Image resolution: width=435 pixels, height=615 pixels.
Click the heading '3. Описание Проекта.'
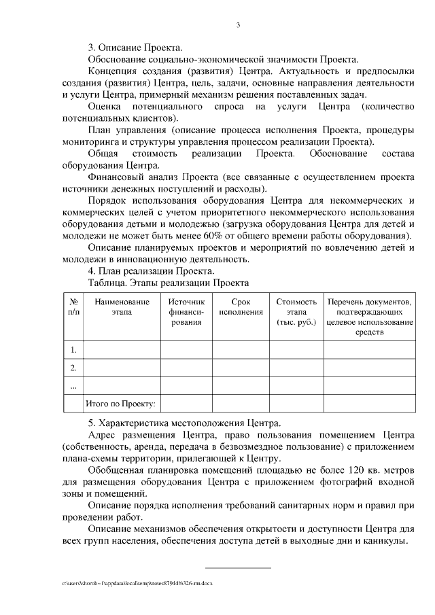click(x=135, y=48)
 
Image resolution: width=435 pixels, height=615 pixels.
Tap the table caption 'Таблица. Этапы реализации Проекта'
click(x=169, y=283)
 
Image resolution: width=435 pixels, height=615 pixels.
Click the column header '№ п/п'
click(x=73, y=306)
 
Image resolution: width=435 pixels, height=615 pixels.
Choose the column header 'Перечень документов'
click(x=370, y=317)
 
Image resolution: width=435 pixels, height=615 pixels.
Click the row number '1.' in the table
click(x=73, y=350)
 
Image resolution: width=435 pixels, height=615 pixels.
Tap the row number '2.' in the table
click(x=73, y=368)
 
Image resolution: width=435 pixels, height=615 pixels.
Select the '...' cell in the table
click(x=73, y=385)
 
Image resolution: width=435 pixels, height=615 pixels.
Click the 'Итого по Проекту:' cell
click(x=120, y=404)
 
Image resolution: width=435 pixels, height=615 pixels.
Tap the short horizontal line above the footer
click(x=238, y=567)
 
